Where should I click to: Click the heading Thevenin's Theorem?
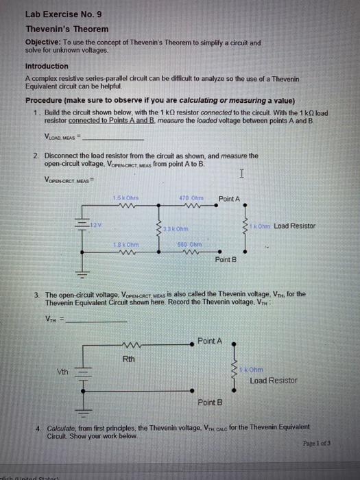67,29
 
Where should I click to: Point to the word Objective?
44,43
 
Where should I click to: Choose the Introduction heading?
47,66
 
